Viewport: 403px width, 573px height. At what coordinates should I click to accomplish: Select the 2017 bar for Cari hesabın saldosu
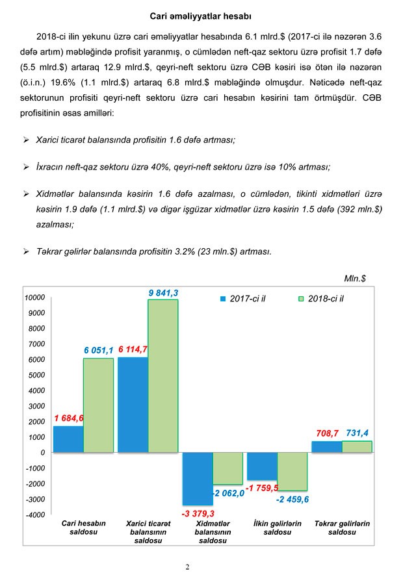click(x=68, y=439)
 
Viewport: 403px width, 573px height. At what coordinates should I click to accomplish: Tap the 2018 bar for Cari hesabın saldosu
click(x=98, y=405)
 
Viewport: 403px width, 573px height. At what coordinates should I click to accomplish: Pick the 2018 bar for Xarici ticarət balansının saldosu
click(x=162, y=376)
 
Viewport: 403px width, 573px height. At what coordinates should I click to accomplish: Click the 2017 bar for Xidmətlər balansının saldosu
click(x=198, y=478)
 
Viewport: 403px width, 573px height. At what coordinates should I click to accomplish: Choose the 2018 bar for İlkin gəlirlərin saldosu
click(x=292, y=471)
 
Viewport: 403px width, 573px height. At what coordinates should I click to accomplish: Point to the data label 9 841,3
click(x=163, y=293)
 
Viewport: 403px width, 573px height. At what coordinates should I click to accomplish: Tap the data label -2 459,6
click(x=292, y=499)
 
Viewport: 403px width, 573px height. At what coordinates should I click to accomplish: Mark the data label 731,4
click(x=357, y=432)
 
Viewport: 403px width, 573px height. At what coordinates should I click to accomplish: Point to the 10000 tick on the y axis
click(x=34, y=298)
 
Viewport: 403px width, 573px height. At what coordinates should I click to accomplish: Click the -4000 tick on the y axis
click(x=34, y=515)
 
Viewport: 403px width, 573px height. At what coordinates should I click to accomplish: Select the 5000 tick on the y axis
click(x=36, y=375)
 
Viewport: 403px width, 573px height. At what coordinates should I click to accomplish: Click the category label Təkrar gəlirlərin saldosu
click(x=341, y=528)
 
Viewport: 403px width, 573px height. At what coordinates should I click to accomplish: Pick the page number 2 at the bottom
click(x=187, y=567)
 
